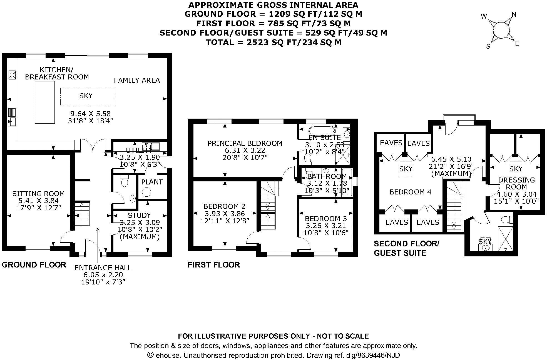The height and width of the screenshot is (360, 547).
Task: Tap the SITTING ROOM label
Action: point(38,194)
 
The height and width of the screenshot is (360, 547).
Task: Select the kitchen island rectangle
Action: point(44,102)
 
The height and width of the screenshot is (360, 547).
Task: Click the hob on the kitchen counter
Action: point(12,74)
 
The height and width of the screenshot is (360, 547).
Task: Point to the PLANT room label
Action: point(152,182)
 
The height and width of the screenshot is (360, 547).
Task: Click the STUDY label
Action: point(139,215)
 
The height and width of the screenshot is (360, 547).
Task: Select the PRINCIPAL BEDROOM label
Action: point(245,143)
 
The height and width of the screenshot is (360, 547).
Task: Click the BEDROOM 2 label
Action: point(224,206)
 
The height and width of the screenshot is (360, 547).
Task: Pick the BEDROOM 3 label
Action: point(326,219)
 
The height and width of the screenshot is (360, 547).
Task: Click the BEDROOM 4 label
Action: point(410,192)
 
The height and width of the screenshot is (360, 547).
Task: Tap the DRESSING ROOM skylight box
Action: point(516,168)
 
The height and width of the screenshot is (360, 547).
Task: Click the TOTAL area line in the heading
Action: point(273,42)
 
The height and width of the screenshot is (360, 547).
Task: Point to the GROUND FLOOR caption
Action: point(34,265)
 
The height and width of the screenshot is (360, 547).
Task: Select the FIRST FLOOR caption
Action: point(214,265)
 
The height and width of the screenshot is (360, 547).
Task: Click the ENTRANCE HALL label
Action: point(103,268)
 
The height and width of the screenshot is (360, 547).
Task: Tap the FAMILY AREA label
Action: point(137,81)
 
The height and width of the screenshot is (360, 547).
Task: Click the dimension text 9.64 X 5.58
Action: point(90,114)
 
